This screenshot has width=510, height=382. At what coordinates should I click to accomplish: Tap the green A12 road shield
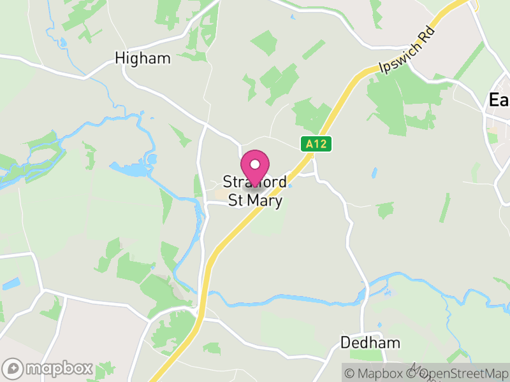point(316,144)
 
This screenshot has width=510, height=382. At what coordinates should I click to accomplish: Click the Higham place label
point(143,59)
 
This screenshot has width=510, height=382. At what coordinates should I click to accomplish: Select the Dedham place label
point(370,343)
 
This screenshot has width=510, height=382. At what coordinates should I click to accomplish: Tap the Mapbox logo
point(48,368)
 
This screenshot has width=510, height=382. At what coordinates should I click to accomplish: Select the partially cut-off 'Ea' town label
point(499,100)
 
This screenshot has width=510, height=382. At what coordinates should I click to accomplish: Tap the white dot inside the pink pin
point(255,164)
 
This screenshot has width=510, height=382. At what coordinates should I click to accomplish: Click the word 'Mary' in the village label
point(265,200)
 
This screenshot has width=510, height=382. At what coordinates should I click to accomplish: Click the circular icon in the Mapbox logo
point(13,368)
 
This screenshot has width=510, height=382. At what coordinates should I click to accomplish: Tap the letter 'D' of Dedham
point(346,343)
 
